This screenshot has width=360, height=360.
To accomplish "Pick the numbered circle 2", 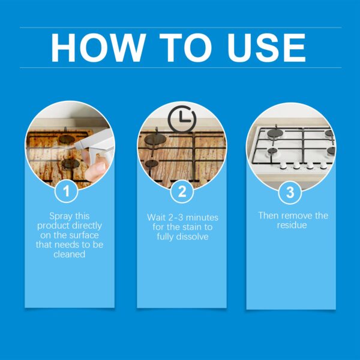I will [x=181, y=192].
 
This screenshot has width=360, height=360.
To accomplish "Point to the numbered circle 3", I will [x=290, y=192].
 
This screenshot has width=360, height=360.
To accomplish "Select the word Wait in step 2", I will [x=157, y=217].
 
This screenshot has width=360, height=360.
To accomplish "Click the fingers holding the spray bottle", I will [x=94, y=170].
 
